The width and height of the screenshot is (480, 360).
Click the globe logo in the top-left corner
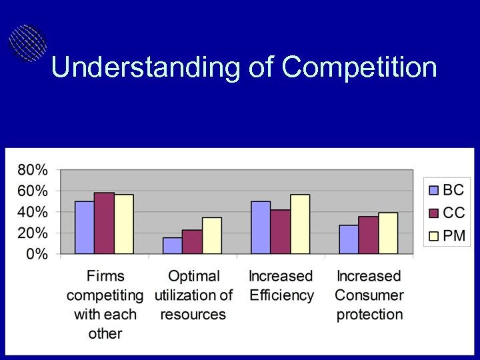pyautogui.click(x=27, y=43)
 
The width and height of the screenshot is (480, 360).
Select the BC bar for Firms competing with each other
pyautogui.click(x=84, y=227)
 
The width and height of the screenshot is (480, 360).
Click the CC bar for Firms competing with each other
pyautogui.click(x=104, y=223)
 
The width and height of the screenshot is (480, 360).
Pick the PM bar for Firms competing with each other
pyautogui.click(x=124, y=224)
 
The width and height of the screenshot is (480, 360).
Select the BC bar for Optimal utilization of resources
pyautogui.click(x=172, y=245)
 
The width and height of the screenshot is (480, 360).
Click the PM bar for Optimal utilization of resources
pyautogui.click(x=212, y=235)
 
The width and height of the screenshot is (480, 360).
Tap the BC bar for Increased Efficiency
pyautogui.click(x=261, y=227)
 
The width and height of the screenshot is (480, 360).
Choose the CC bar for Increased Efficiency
pyautogui.click(x=280, y=231)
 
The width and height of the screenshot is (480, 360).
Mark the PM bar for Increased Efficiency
pyautogui.click(x=300, y=224)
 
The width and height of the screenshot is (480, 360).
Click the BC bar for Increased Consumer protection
pyautogui.click(x=349, y=239)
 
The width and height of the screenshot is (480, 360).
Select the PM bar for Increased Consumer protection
pyautogui.click(x=388, y=233)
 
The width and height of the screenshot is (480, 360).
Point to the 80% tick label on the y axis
pyautogui.click(x=32, y=169)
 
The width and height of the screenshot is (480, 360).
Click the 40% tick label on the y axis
pyautogui.click(x=32, y=212)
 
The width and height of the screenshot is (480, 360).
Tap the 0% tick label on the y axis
pyautogui.click(x=36, y=255)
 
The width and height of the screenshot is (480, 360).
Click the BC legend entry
pyautogui.click(x=447, y=190)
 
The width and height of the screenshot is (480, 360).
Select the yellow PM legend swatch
pyautogui.click(x=434, y=236)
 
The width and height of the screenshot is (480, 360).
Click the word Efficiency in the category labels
pyautogui.click(x=281, y=295)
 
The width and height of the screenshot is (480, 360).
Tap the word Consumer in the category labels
pyautogui.click(x=369, y=295)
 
